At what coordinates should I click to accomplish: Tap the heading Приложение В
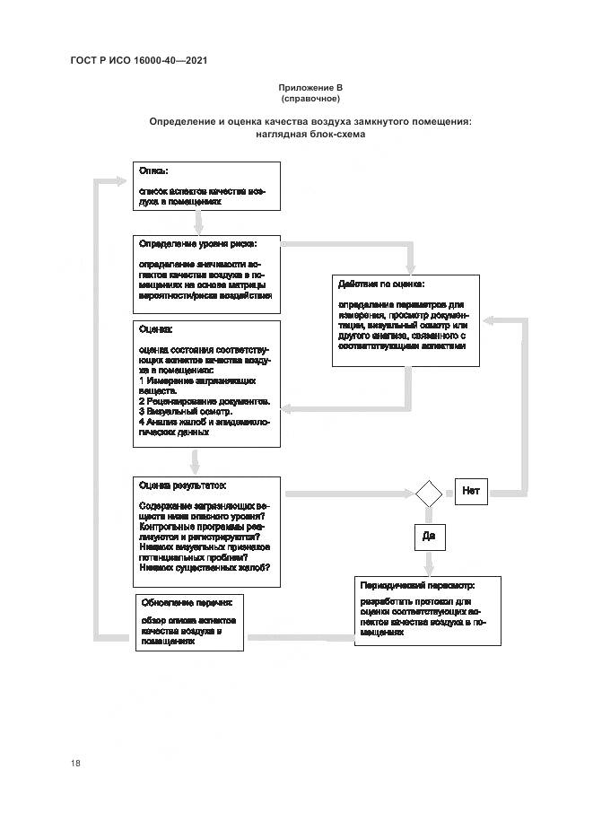[310, 87]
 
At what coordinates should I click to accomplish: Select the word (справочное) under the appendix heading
[310, 98]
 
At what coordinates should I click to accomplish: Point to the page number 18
[75, 763]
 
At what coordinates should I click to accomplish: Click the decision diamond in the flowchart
[427, 493]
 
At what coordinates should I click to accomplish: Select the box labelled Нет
[471, 491]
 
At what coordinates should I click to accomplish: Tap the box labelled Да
[428, 536]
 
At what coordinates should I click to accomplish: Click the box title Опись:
[153, 170]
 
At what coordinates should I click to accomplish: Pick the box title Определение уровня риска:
[197, 243]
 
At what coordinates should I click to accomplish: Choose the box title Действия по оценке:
[380, 284]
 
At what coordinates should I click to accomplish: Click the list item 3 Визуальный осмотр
[186, 411]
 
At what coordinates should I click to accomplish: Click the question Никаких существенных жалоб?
[205, 567]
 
